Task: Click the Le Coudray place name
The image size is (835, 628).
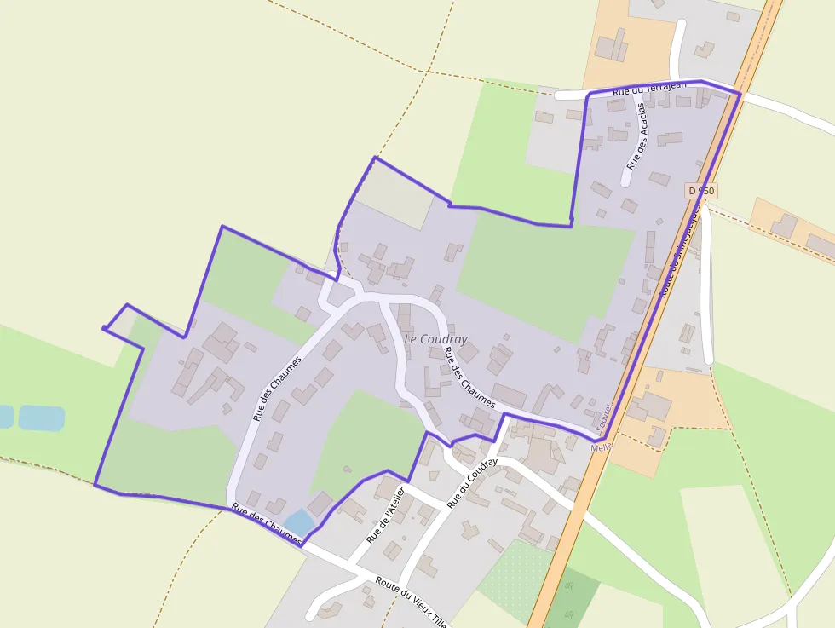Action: (435, 339)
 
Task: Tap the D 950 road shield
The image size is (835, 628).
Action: (701, 192)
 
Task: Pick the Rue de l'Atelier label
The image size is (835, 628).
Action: (384, 516)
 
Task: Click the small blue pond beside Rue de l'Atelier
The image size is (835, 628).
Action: (298, 521)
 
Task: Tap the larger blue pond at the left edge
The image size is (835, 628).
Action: (41, 418)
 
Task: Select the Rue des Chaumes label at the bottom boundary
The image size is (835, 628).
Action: (267, 524)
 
